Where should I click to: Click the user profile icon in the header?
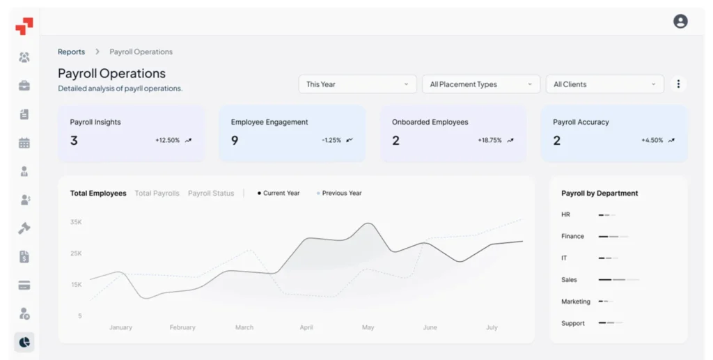point(680,22)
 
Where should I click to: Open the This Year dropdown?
point(357,84)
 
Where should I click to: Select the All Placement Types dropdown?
point(481,84)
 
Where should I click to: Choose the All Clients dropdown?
point(605,84)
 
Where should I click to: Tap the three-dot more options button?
point(678,84)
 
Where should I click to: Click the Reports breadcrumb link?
point(72,52)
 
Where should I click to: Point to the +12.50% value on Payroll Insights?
point(167,141)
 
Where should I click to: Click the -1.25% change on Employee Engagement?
point(331,141)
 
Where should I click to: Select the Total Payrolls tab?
point(157,193)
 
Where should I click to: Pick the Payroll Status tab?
point(211,193)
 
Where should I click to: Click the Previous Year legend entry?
point(339,193)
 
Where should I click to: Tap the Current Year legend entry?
point(279,193)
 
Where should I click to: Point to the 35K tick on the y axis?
point(76,222)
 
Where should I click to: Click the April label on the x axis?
point(306,327)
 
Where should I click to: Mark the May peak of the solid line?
point(369,224)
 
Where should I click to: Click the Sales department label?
point(569,280)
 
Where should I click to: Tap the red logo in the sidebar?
point(24,26)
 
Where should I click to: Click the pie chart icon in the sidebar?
point(24,343)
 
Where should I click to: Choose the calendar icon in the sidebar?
point(24,143)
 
